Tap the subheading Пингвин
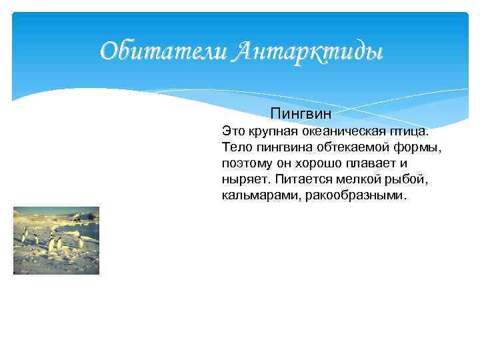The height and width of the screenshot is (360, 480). [x=301, y=114]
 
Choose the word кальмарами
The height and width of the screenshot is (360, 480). [x=259, y=195]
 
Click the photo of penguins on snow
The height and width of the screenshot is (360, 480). [x=56, y=241]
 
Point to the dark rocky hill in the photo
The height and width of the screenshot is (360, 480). [x=83, y=216]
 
